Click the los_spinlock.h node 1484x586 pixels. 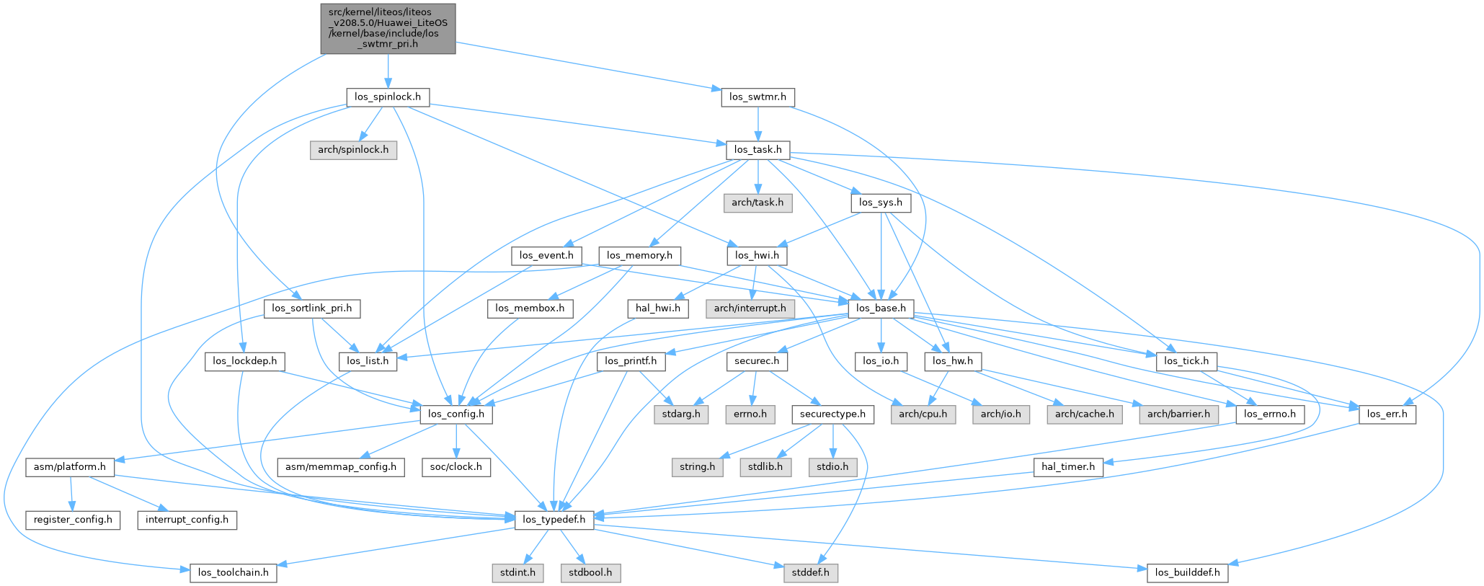click(388, 97)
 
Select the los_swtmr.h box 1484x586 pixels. click(757, 97)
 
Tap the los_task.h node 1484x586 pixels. click(757, 150)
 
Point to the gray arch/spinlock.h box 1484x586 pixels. click(353, 150)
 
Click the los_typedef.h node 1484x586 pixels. click(554, 519)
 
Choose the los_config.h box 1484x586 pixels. click(456, 414)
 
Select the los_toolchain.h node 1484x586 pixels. click(234, 572)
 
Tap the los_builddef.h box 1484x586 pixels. click(1187, 572)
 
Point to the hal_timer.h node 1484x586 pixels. click(1068, 466)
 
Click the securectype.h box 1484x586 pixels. click(833, 414)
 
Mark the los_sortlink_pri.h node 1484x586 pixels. click(311, 308)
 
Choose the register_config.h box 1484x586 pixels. click(73, 519)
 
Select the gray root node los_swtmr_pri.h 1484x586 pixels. click(388, 28)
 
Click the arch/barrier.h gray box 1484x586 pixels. click(1178, 414)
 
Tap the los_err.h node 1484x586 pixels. click(1387, 414)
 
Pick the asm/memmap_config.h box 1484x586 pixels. click(341, 466)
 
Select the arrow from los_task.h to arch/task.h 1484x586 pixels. click(757, 176)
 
